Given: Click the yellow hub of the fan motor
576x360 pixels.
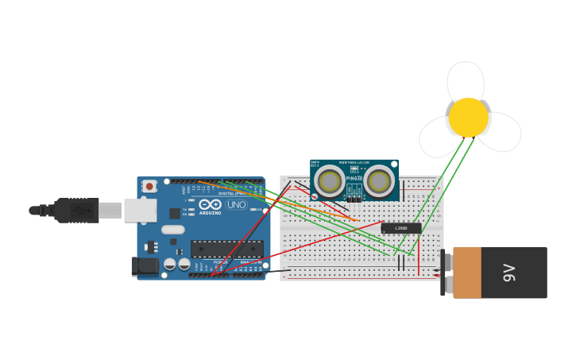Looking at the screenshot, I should point(469,118).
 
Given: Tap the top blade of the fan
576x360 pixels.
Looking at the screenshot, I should point(466,81).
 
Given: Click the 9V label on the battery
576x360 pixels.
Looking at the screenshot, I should point(510,273).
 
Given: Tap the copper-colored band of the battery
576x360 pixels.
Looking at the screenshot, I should point(467,273).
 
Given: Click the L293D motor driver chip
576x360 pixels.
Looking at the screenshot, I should point(401,228).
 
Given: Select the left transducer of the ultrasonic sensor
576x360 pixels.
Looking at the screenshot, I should point(329,181).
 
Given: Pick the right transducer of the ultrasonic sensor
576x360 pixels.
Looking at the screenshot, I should point(379,181).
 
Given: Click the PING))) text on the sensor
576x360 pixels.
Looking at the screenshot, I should point(354,178).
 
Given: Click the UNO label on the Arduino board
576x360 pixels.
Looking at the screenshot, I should point(236,204).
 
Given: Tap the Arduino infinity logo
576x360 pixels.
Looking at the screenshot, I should point(211,204).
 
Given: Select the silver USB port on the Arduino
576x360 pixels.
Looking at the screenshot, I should point(141,210).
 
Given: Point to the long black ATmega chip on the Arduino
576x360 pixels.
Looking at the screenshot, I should point(226,249).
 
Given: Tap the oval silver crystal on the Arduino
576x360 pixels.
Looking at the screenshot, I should point(172,230).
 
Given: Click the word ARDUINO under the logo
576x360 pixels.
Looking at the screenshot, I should point(211,213).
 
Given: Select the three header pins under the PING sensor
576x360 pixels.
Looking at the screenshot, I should point(354,198).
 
